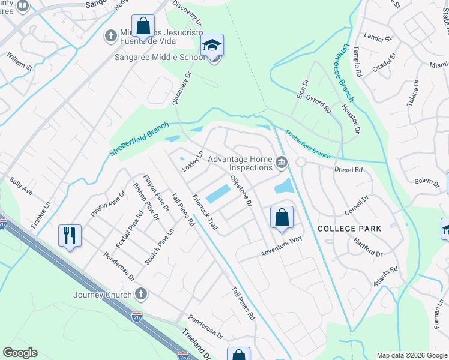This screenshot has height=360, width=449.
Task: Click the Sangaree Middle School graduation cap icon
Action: click(212, 46)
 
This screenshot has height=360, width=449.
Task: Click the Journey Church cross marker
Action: click(141, 294)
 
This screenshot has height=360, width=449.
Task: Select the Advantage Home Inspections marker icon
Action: click(280, 163)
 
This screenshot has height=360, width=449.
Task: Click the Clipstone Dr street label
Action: click(240, 191)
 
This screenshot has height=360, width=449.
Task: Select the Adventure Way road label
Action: click(280, 247)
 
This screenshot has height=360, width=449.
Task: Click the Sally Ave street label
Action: click(21, 185)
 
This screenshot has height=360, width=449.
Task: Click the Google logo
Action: click(20, 353)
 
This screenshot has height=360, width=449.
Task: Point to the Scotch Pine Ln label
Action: click(158, 248)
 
